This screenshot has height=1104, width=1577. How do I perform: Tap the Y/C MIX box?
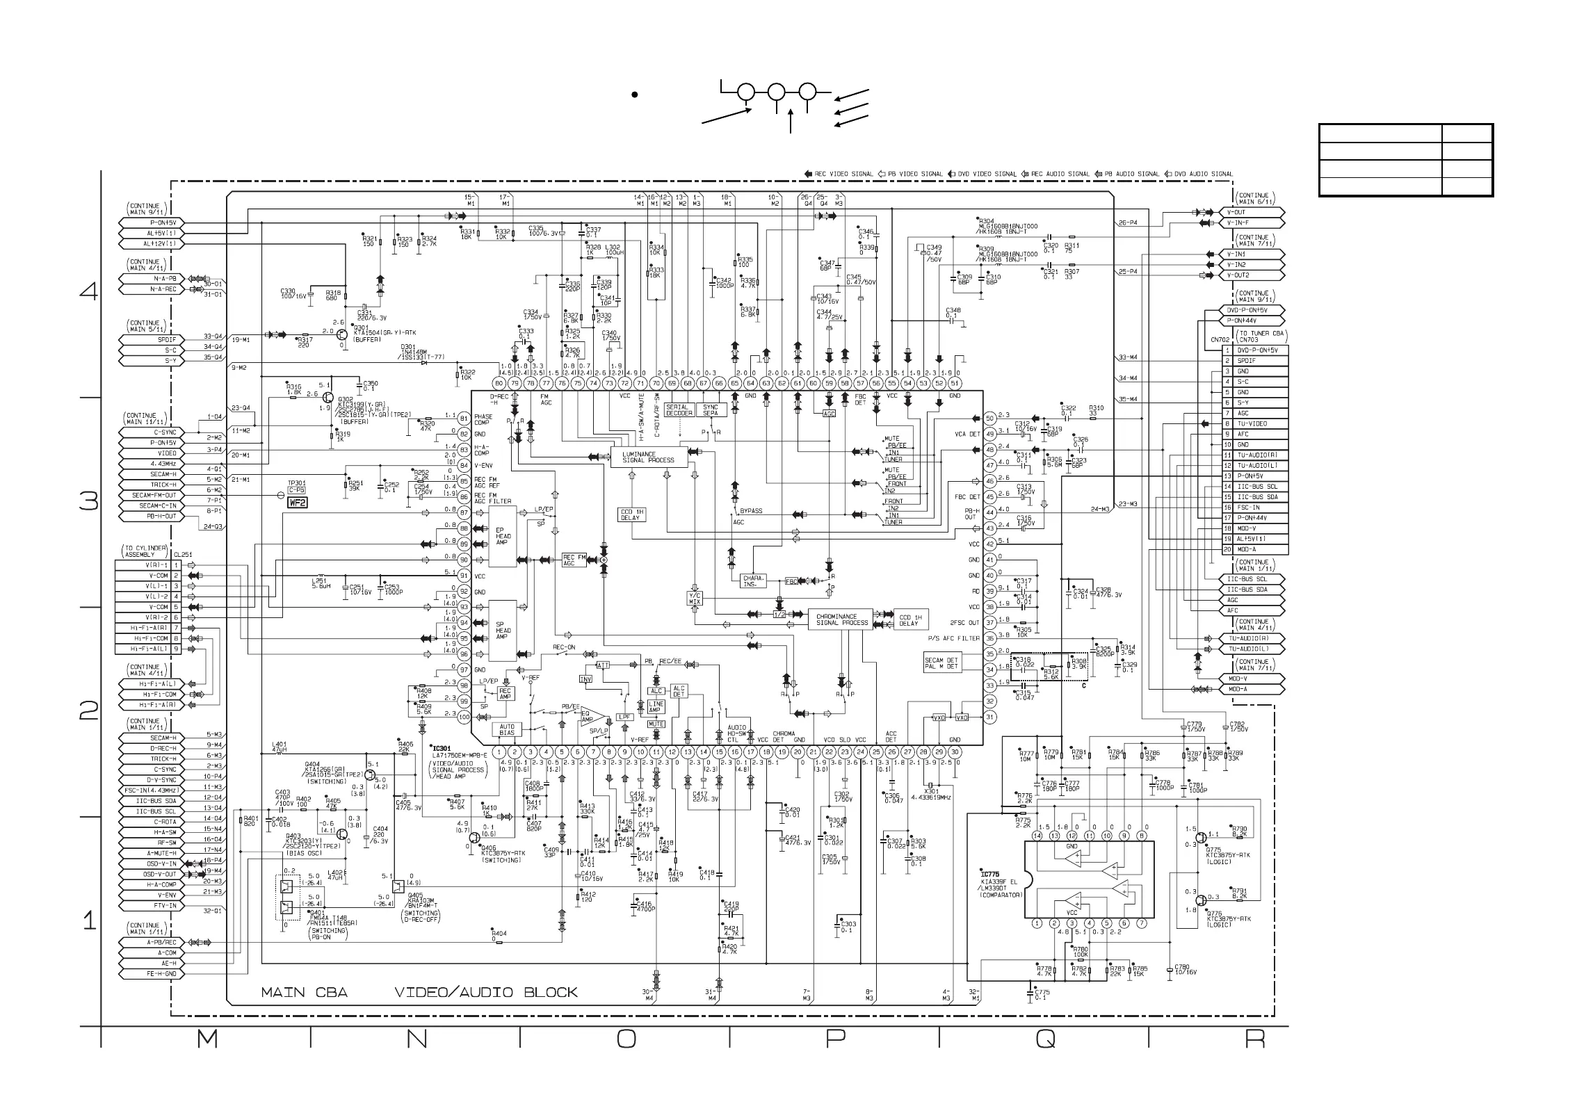tap(695, 598)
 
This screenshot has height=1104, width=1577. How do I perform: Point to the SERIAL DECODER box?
tap(679, 410)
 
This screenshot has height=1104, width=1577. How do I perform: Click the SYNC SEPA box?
tap(711, 410)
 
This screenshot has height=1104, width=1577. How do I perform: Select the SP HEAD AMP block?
tap(503, 631)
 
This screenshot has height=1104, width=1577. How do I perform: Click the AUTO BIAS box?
tap(507, 730)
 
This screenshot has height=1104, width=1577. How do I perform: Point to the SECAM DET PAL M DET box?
tap(941, 663)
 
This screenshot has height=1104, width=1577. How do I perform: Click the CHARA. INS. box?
tap(753, 581)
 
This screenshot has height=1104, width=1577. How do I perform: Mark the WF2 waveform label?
tap(298, 502)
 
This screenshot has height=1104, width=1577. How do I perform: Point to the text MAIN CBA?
tap(304, 992)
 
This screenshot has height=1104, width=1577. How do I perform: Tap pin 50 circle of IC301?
tap(990, 418)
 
